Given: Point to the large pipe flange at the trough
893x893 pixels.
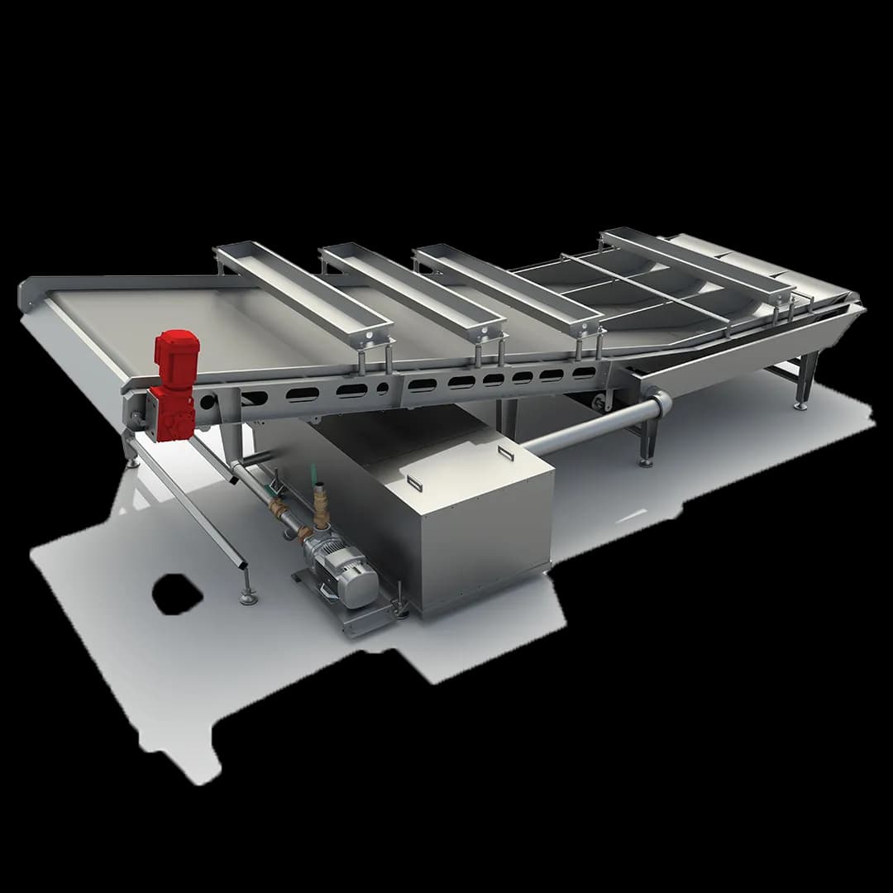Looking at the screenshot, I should tap(658, 407).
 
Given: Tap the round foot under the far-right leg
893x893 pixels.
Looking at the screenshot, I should tap(800, 405).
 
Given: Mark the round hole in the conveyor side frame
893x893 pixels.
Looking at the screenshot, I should tap(383, 387).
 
